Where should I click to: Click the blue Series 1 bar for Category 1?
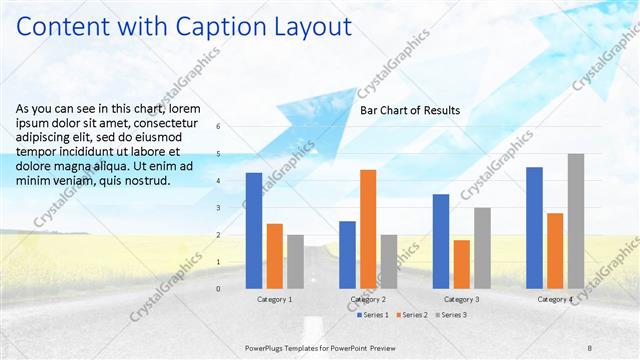coord(254,230)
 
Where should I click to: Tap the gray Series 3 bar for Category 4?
coord(576,221)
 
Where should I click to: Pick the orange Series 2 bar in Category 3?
coord(461,264)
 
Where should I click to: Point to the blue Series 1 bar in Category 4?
coord(534,227)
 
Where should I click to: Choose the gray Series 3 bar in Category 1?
coord(295,261)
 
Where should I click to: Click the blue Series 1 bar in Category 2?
coord(347,254)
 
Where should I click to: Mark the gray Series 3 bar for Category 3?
coord(482,248)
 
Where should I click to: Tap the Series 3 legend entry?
coord(450,315)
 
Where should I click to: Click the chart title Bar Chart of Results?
coord(410,111)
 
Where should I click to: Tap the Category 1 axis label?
coord(275,299)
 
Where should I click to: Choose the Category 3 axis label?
coord(461,299)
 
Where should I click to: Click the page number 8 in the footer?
coord(590,346)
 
